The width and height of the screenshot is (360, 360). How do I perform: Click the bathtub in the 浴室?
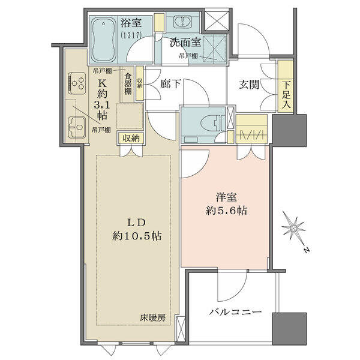click(x=103, y=40)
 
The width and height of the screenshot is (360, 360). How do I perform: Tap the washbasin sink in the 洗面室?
click(x=183, y=22)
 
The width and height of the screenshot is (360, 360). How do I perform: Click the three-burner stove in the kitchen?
click(x=77, y=83)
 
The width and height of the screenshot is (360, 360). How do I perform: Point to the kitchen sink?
click(x=77, y=127)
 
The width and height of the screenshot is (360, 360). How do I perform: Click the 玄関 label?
click(x=249, y=85)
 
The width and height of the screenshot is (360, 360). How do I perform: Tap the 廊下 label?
click(x=170, y=83)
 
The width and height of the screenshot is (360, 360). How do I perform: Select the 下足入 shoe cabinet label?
click(x=286, y=95)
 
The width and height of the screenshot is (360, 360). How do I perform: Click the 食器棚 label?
click(x=128, y=83)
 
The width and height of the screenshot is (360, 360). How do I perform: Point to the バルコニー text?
click(x=235, y=312)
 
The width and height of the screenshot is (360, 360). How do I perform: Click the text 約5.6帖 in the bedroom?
click(x=226, y=211)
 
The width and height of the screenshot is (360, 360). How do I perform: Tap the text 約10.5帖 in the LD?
click(x=137, y=236)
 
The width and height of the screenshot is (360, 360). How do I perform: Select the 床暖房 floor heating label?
click(x=152, y=318)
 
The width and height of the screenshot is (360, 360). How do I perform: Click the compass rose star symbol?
click(x=293, y=228)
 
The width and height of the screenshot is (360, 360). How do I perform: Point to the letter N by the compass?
click(x=307, y=250)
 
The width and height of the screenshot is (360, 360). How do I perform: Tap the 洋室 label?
click(x=226, y=197)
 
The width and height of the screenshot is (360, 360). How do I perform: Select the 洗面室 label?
click(x=185, y=43)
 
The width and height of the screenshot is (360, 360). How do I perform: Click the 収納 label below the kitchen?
click(x=131, y=138)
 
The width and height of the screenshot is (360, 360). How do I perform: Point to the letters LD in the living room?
click(x=137, y=223)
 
